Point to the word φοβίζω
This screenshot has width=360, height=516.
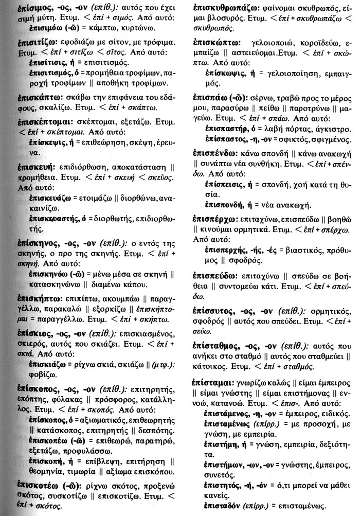[42, 373]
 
